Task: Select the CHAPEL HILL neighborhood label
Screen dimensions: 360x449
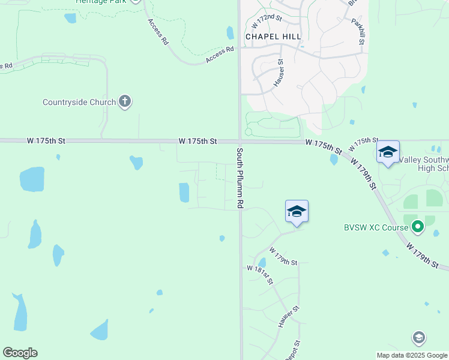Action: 273,37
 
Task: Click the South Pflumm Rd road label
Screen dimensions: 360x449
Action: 240,178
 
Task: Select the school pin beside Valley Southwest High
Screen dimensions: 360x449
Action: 388,152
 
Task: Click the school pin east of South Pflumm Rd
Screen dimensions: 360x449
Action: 297,211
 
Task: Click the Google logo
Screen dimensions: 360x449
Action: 20,353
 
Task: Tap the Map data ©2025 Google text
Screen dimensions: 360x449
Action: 411,355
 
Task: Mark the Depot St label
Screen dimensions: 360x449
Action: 293,350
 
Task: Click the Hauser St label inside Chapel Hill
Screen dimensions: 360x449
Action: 279,73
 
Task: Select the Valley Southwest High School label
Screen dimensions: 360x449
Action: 424,164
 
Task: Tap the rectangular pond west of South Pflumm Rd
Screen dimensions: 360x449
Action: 184,193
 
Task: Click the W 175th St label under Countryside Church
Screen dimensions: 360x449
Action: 46,141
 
